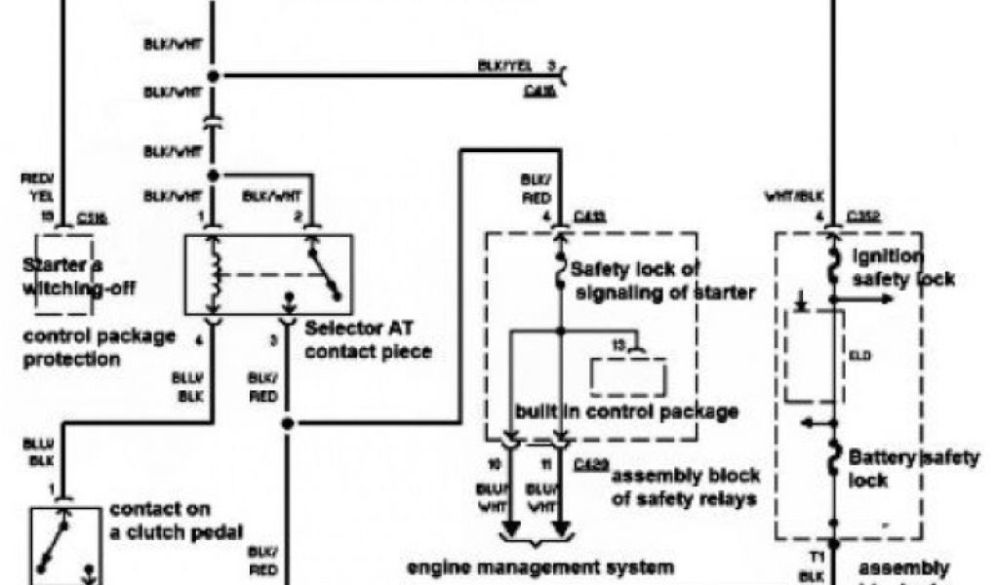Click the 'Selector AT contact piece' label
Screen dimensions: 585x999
368,339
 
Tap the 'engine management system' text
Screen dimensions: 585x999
539,566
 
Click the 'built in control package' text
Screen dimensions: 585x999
626,411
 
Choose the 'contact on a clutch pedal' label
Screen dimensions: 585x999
176,521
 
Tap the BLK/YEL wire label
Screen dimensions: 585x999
504,66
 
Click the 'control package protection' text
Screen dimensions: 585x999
100,347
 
